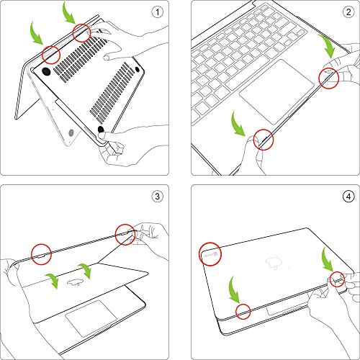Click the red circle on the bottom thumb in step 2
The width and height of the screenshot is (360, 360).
262,138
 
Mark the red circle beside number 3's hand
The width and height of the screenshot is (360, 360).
126,233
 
